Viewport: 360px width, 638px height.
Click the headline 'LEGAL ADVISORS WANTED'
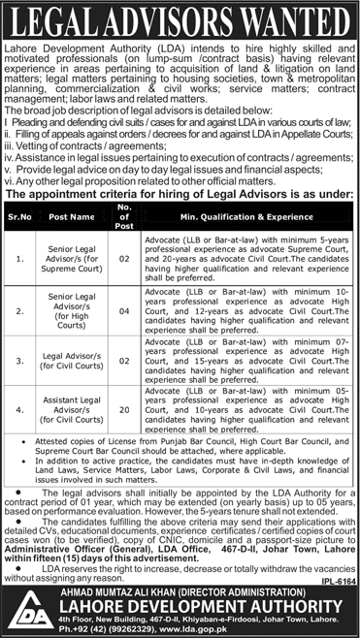180,20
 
